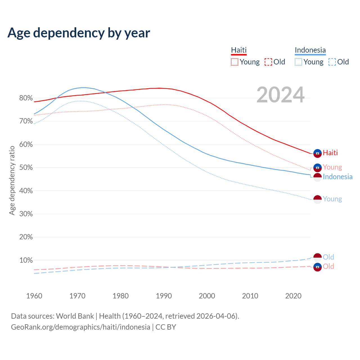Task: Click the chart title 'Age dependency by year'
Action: (x=79, y=33)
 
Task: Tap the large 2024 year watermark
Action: (x=280, y=95)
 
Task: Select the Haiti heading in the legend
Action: (x=239, y=50)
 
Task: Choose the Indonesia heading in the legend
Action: (x=310, y=50)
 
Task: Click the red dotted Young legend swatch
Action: (x=234, y=62)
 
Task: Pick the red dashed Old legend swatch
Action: (x=268, y=62)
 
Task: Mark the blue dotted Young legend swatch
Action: (x=298, y=62)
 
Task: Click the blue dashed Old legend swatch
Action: (x=332, y=62)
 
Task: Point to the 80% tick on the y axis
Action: (x=26, y=98)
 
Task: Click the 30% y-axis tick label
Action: (x=26, y=214)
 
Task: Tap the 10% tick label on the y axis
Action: (x=26, y=260)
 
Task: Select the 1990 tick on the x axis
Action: (x=164, y=296)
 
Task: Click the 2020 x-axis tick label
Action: (x=293, y=296)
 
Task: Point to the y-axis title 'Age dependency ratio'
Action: (x=12, y=180)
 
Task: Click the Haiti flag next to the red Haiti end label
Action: (x=318, y=153)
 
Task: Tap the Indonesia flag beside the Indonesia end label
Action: (x=318, y=177)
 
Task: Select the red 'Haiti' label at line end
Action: (x=330, y=153)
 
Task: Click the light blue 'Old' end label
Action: (x=328, y=257)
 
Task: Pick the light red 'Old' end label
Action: (x=328, y=266)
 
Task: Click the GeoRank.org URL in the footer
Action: (x=80, y=327)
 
